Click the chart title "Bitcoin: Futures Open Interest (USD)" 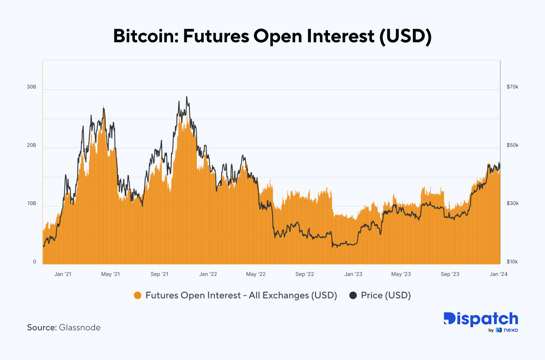[272, 36]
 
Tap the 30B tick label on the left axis [31, 87]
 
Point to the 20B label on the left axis [31, 145]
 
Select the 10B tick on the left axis [31, 204]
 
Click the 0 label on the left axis [34, 262]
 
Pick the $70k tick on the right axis [512, 87]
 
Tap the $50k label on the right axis [512, 145]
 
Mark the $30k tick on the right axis [512, 204]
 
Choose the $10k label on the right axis [512, 262]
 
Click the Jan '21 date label [63, 274]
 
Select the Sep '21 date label [159, 274]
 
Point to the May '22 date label [256, 274]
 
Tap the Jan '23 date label [353, 274]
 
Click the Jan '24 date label [498, 274]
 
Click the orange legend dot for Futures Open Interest [138, 295]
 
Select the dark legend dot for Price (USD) [353, 295]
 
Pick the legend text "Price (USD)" [386, 295]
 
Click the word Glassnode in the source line [80, 328]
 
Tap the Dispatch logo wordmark [481, 319]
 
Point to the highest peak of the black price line [187, 97]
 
